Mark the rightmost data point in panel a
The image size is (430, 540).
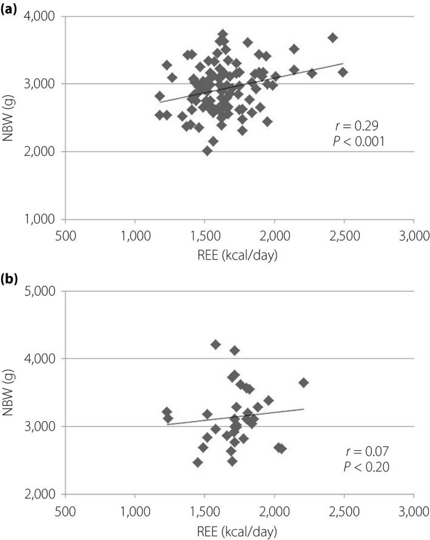click(x=343, y=72)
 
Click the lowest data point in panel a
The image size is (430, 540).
click(x=207, y=150)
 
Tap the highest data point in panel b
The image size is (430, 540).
click(x=216, y=345)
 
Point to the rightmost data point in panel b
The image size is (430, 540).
click(x=304, y=382)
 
